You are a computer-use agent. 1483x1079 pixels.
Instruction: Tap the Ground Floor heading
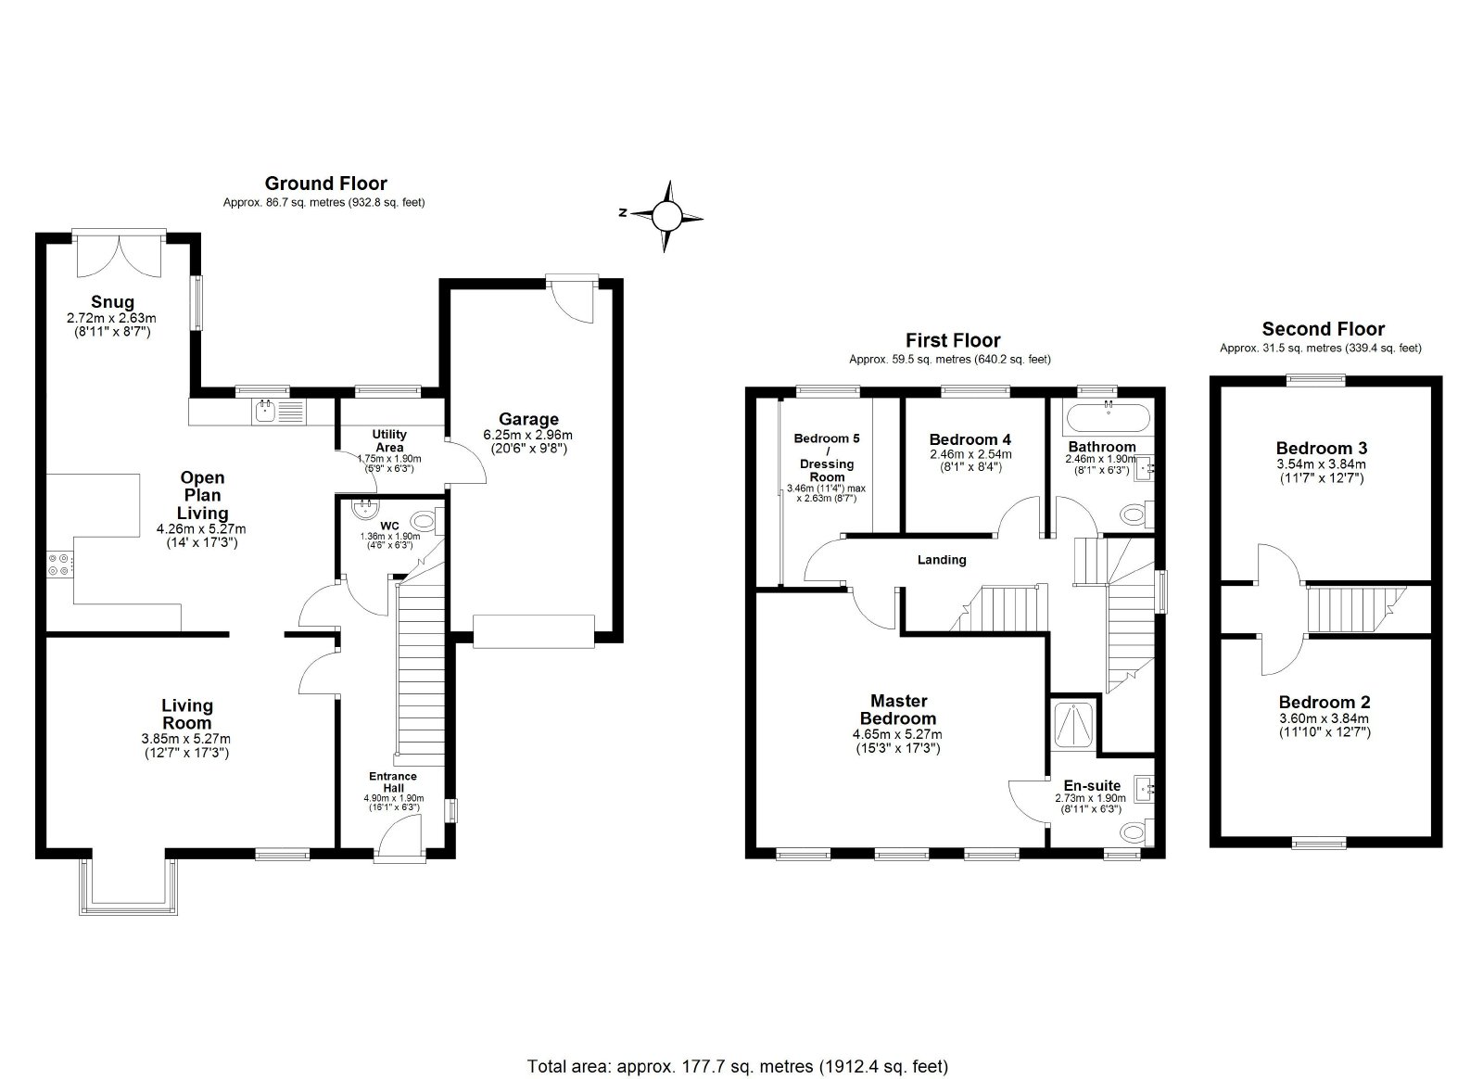(325, 184)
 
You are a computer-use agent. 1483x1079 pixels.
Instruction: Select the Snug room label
(112, 302)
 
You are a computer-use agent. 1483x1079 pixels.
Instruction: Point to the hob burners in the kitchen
(57, 565)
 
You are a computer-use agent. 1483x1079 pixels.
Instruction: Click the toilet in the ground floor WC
(425, 520)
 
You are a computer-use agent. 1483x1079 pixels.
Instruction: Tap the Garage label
(528, 419)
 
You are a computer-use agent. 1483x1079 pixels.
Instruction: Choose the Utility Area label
(389, 441)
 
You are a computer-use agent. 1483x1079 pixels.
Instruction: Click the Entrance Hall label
(393, 781)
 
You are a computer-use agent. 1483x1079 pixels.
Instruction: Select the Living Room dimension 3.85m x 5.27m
(186, 739)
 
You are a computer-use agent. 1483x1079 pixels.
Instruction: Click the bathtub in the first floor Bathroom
(1109, 417)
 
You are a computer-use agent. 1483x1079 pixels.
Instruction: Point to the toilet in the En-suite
(1138, 831)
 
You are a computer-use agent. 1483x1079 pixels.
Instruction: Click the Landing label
(942, 560)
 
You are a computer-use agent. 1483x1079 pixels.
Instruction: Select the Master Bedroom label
(898, 710)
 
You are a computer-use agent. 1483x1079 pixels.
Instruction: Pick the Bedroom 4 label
(970, 439)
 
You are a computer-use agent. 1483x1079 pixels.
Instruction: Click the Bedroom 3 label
(1322, 448)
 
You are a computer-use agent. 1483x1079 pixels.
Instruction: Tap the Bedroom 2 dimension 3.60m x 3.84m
(1324, 719)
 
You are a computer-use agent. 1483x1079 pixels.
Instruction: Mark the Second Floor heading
(1323, 329)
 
